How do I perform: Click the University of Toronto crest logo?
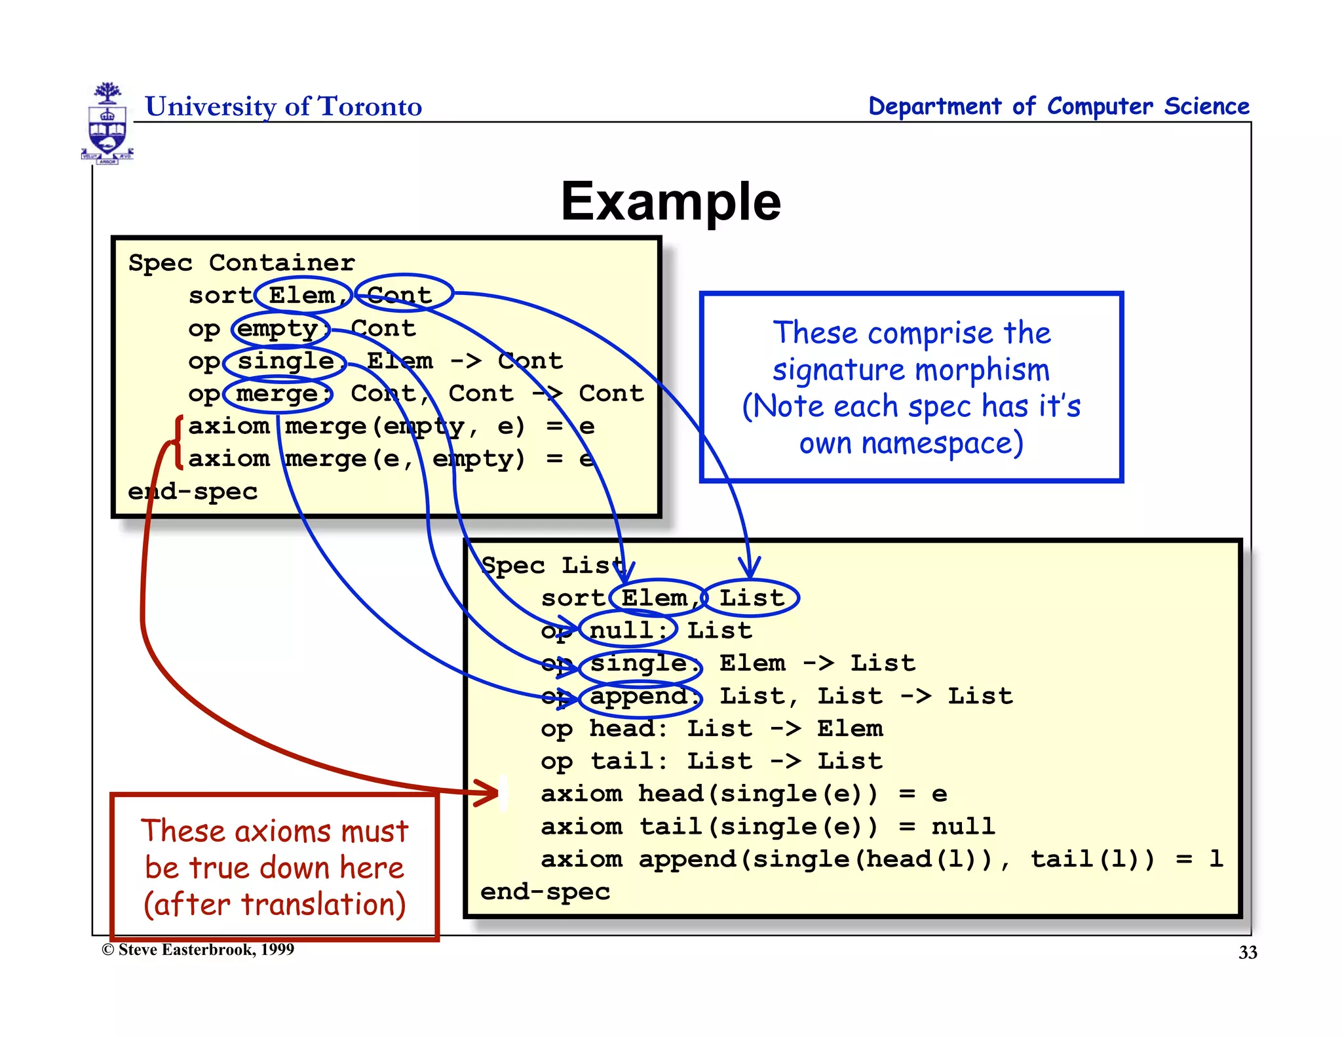107,123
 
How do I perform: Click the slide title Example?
670,201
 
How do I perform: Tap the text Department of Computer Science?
1058,106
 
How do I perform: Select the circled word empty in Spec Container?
280,328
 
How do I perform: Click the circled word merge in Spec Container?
279,394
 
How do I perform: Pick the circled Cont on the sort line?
402,294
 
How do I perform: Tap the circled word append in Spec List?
640,696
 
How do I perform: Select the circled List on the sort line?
751,598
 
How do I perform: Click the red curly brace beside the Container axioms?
177,442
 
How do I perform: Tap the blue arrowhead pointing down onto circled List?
749,568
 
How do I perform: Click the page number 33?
1247,952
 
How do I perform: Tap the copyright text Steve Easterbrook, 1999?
199,950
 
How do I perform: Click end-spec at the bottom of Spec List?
545,891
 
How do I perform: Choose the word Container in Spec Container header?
282,263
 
